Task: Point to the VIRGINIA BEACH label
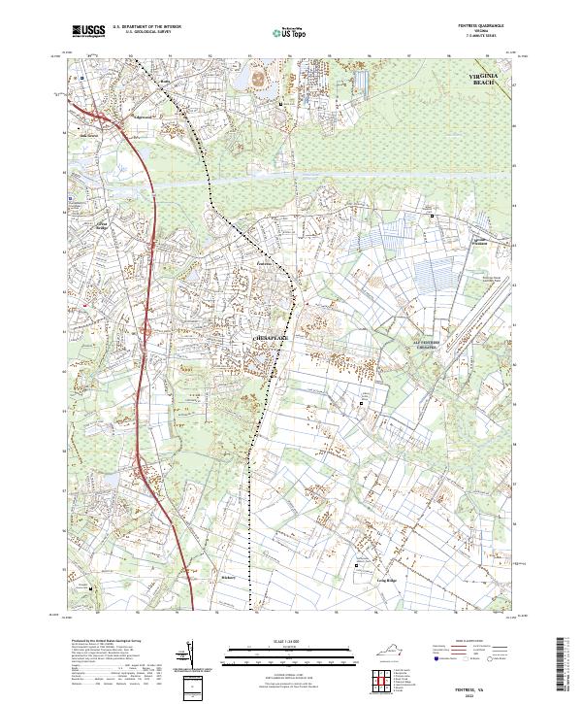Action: click(483, 79)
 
